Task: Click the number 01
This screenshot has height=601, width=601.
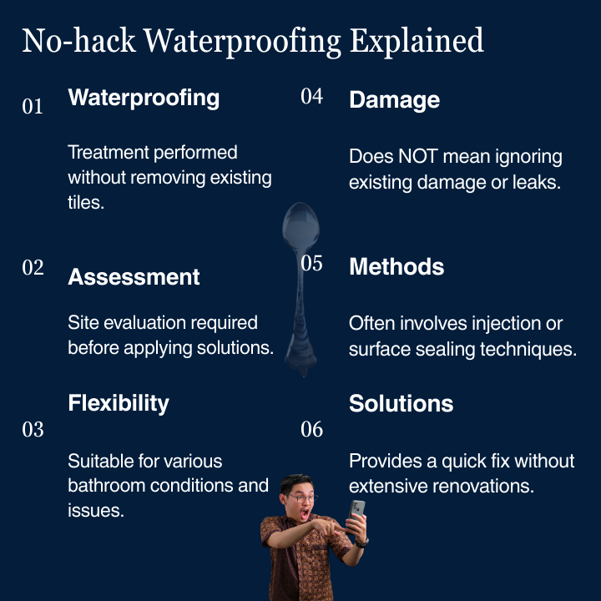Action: coord(33,106)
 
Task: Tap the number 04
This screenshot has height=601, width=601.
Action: coord(311,96)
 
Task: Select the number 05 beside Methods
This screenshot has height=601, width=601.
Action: coord(311,263)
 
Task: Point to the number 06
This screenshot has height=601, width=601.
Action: coord(311,429)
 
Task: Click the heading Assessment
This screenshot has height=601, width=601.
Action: coord(134,277)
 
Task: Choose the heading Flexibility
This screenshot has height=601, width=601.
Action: coord(119,403)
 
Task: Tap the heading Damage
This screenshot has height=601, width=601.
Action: coord(394,100)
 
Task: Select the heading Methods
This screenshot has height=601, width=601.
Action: coord(396,266)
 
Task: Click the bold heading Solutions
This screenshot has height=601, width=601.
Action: coord(401,403)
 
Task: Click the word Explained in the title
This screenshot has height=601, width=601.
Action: coord(417,41)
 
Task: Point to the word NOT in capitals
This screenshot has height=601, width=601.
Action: coord(418,156)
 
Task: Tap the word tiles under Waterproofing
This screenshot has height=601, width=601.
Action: coord(86,202)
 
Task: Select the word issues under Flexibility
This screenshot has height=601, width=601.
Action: coord(96,511)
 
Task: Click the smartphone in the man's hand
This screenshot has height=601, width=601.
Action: coord(357,511)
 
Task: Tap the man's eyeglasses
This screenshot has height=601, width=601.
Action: coord(303,498)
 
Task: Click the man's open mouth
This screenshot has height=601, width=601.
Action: coord(306,513)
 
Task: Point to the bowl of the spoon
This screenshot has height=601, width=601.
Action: coord(300,226)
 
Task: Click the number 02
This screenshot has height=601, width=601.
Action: coord(33,268)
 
